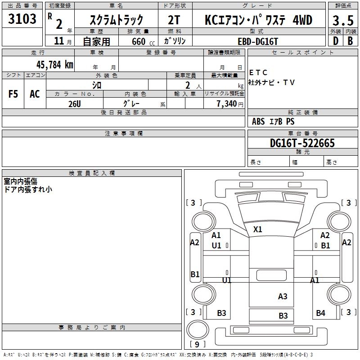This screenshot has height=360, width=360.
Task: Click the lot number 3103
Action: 22,19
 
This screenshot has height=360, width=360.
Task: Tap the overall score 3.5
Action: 342,20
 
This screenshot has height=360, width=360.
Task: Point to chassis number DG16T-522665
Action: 302,143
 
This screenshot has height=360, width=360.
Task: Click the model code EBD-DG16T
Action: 258,40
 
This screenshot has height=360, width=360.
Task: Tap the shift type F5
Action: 13,94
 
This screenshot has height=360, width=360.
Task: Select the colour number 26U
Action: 74,103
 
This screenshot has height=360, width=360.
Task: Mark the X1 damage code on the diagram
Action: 257,229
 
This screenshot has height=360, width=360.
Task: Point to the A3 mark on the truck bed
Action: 283,296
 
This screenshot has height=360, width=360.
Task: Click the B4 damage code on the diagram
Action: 320,313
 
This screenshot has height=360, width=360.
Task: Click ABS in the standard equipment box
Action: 258,121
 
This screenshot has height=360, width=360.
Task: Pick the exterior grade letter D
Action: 335,40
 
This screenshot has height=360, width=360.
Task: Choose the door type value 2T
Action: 175,20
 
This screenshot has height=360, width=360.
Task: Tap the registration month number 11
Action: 59,41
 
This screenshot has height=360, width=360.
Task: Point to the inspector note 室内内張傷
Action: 21,181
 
